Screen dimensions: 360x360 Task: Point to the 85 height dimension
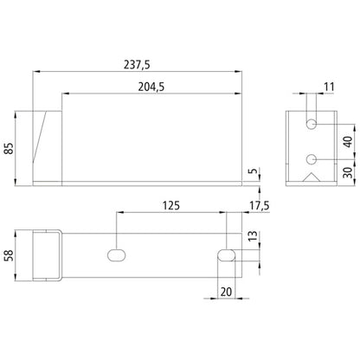pyautogui.click(x=10, y=146)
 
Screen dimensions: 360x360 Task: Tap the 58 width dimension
pyautogui.click(x=10, y=256)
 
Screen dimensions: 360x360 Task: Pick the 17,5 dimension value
pyautogui.click(x=257, y=205)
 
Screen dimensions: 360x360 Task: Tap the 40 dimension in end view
pyautogui.click(x=346, y=142)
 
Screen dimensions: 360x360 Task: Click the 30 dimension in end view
pyautogui.click(x=346, y=172)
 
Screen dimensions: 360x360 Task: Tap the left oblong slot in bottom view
pyautogui.click(x=116, y=254)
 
